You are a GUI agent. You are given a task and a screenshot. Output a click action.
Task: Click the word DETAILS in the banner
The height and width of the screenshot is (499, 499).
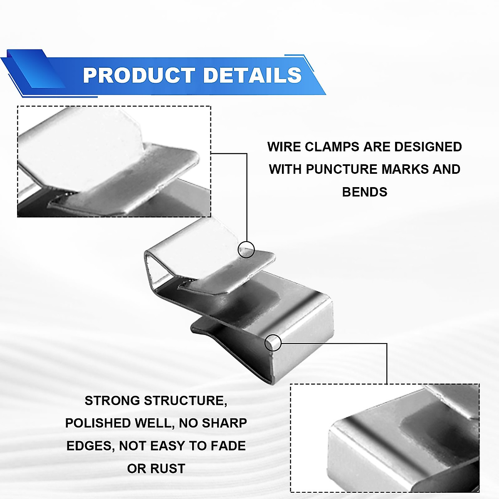(252, 75)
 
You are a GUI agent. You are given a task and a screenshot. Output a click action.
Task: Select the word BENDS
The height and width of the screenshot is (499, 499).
(365, 192)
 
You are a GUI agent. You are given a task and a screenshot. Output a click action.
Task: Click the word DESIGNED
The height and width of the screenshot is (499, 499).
(428, 147)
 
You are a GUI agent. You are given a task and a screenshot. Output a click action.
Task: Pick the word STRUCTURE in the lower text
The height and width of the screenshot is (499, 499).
(185, 400)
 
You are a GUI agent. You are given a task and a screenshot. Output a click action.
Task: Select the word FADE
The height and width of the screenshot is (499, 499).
(228, 446)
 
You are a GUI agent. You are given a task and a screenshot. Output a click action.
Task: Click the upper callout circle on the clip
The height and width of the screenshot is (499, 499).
(246, 249)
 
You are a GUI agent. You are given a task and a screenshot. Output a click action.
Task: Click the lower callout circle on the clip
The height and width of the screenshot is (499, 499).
(273, 342)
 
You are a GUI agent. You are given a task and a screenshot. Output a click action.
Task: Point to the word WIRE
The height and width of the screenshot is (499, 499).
(284, 147)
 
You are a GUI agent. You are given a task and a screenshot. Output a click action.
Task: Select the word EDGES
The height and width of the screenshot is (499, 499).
(89, 446)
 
